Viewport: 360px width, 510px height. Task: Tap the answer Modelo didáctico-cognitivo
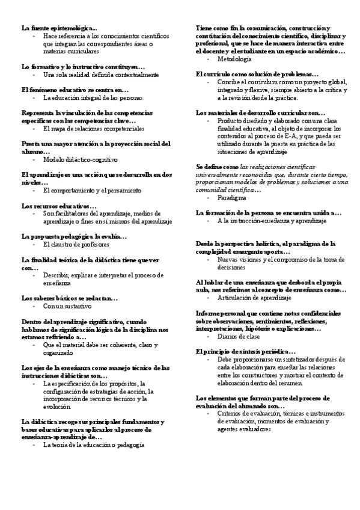(x=81, y=160)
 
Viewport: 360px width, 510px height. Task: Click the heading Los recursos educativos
(x=59, y=206)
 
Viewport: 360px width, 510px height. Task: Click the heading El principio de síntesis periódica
(x=246, y=351)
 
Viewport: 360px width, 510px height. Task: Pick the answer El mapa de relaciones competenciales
(x=90, y=129)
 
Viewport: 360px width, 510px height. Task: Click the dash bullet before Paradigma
(x=208, y=197)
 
